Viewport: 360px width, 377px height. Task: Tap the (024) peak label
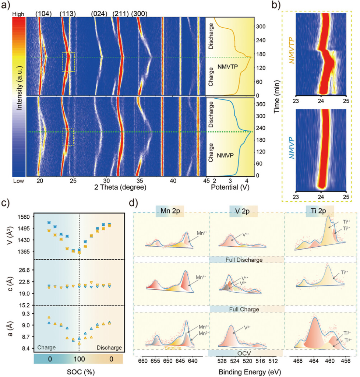click(99, 14)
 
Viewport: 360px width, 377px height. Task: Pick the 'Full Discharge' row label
click(246, 260)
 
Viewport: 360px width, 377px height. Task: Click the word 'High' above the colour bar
click(18, 14)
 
